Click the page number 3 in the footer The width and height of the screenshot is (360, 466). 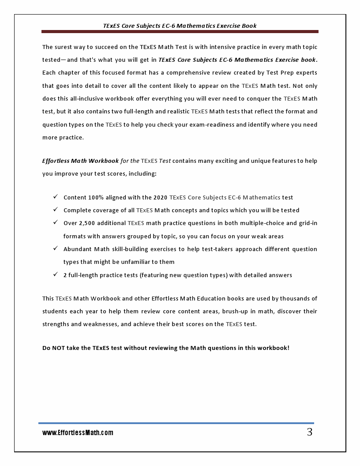(310, 432)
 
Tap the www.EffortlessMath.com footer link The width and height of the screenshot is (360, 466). (78, 433)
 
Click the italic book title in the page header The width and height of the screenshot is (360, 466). (180, 26)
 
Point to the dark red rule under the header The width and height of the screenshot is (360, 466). (180, 32)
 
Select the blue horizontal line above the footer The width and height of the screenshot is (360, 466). (176, 423)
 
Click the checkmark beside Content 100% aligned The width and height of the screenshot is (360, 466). (56, 197)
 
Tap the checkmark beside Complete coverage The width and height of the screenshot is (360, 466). (56, 210)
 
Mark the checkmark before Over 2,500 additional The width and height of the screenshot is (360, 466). (56, 222)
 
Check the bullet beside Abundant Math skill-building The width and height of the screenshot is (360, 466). (56, 248)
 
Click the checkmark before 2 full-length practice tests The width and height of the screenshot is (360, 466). (56, 274)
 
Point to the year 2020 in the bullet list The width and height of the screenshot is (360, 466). (160, 197)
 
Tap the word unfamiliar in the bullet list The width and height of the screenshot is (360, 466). (142, 262)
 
